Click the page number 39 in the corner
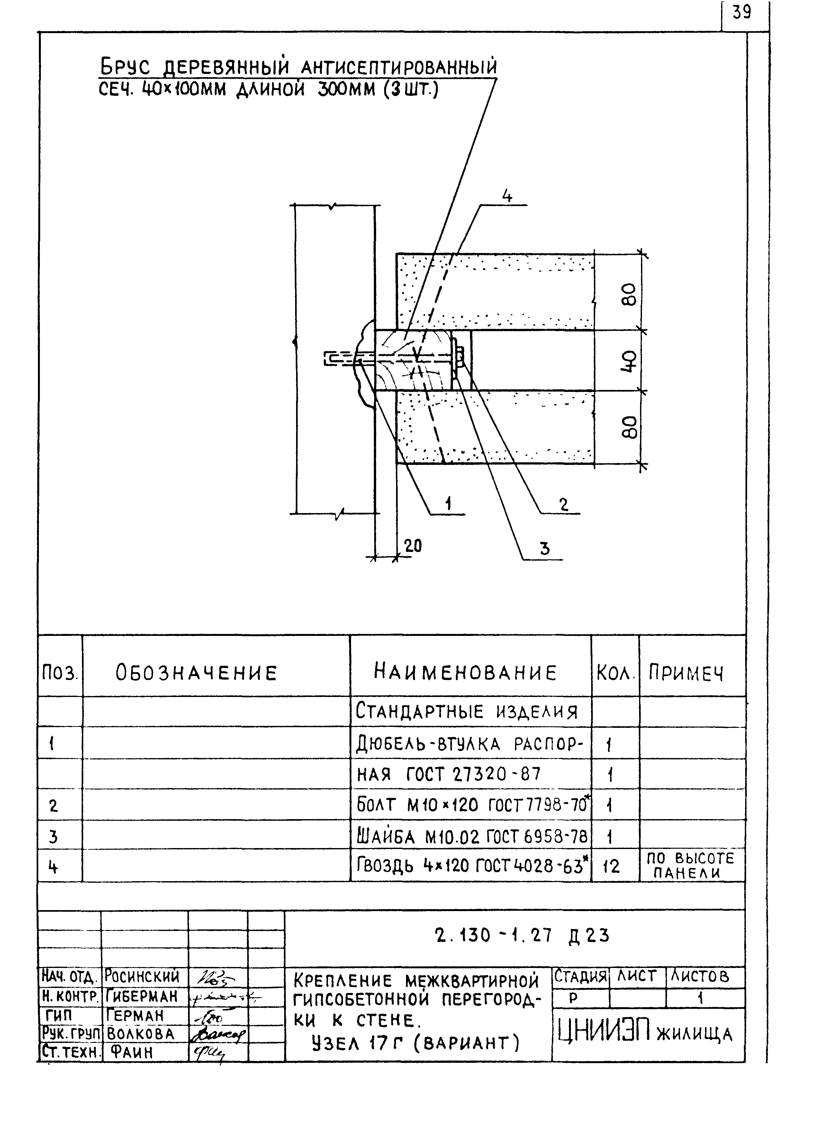point(742,13)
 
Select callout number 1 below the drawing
point(448,504)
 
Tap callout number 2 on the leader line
point(564,505)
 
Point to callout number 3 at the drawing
point(545,548)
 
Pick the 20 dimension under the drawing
point(412,546)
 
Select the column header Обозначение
point(196,673)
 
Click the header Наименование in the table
point(465,673)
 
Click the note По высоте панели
point(691,865)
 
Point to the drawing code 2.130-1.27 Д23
point(522,936)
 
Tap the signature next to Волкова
point(217,1035)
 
